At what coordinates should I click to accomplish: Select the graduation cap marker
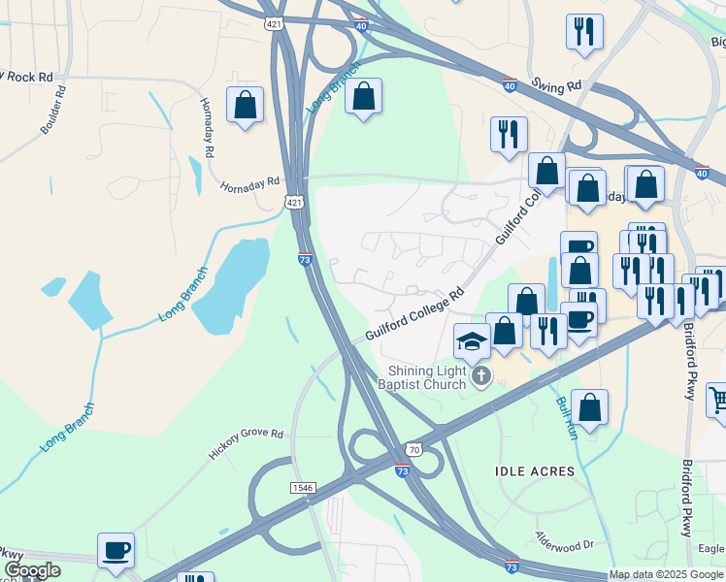(472, 340)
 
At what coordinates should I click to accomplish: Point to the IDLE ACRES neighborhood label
(535, 471)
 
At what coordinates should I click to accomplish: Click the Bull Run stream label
(567, 418)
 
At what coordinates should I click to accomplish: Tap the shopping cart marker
(717, 400)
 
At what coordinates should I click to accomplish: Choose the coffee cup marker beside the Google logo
(116, 550)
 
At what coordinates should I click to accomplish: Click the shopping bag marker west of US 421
(245, 104)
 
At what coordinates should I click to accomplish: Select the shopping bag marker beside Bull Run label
(589, 407)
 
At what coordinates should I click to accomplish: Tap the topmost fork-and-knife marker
(584, 32)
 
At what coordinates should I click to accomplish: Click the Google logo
(32, 570)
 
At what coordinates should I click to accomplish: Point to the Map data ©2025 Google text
(666, 574)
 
